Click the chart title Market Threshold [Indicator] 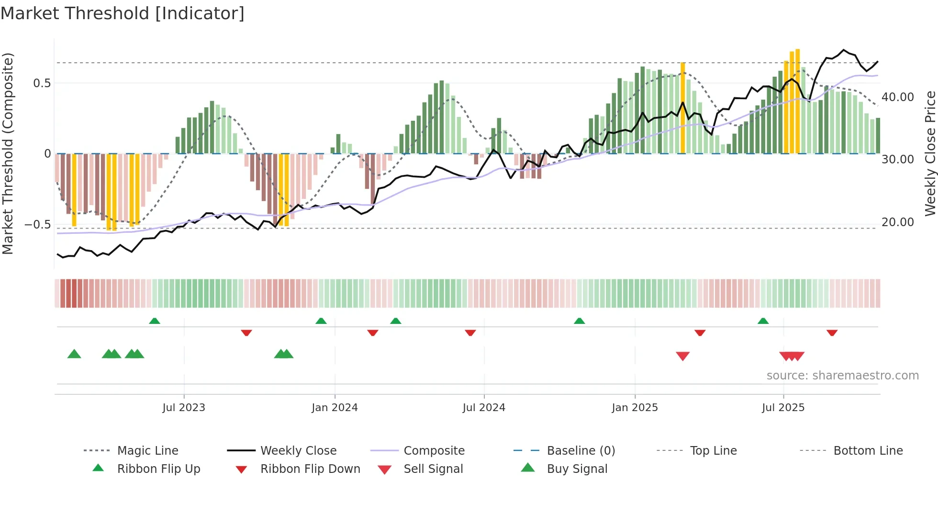click(x=123, y=13)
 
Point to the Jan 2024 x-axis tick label click(x=335, y=408)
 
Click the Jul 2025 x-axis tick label click(x=783, y=408)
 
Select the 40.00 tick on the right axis click(x=898, y=97)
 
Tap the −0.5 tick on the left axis click(x=37, y=225)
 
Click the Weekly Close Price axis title click(x=930, y=153)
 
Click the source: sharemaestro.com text click(x=842, y=376)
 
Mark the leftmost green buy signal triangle click(x=74, y=354)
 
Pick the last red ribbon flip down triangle click(x=832, y=333)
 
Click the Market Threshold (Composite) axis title click(x=8, y=153)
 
